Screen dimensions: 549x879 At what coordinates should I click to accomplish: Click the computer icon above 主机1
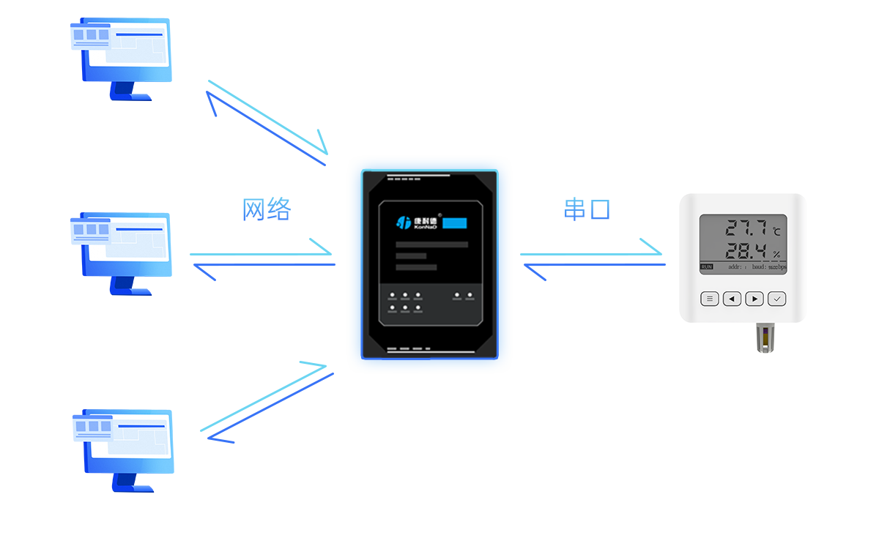(x=122, y=59)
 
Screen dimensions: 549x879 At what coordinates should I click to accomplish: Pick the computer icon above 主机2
(x=122, y=253)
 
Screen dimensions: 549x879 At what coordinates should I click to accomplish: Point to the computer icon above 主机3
(x=123, y=450)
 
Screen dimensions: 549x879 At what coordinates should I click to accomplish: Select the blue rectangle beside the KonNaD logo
(x=455, y=223)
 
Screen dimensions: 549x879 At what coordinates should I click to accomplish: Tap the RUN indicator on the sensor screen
(x=706, y=267)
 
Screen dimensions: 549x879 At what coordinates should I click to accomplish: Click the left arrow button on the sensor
(x=732, y=299)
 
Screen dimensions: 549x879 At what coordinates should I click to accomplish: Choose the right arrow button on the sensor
(x=754, y=299)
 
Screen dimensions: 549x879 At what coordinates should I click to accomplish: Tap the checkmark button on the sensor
(x=777, y=299)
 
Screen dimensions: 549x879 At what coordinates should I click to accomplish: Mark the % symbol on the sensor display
(x=776, y=255)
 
